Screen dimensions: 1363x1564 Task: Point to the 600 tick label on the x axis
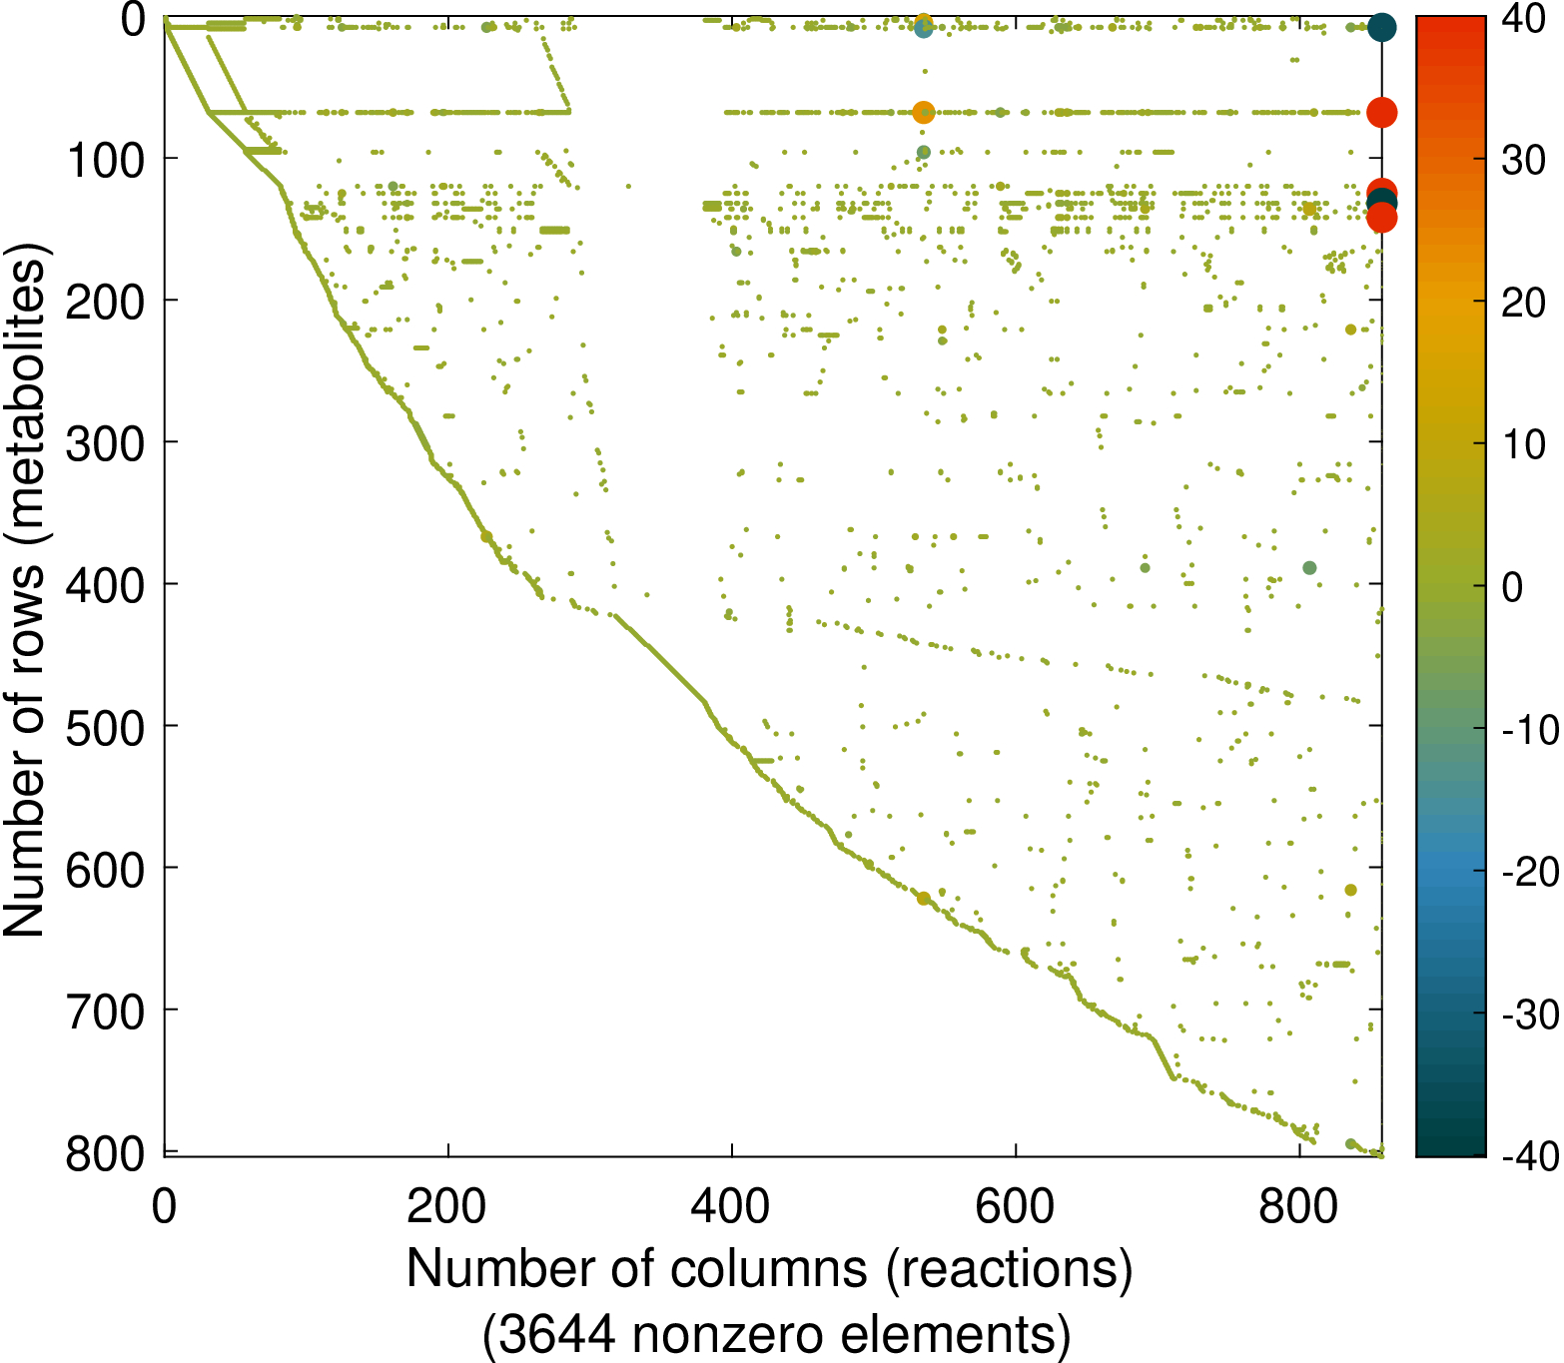coord(1015,1207)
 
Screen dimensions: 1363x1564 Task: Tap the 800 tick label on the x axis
coord(1298,1207)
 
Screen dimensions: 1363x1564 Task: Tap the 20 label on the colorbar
coord(1523,303)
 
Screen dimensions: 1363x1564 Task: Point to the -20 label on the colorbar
coord(1528,872)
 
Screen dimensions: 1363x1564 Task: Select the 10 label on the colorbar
coord(1523,445)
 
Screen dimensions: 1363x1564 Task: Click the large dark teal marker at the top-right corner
coord(1381,27)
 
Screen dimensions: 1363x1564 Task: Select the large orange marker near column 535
coord(924,113)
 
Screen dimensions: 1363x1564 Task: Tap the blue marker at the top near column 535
coord(924,29)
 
